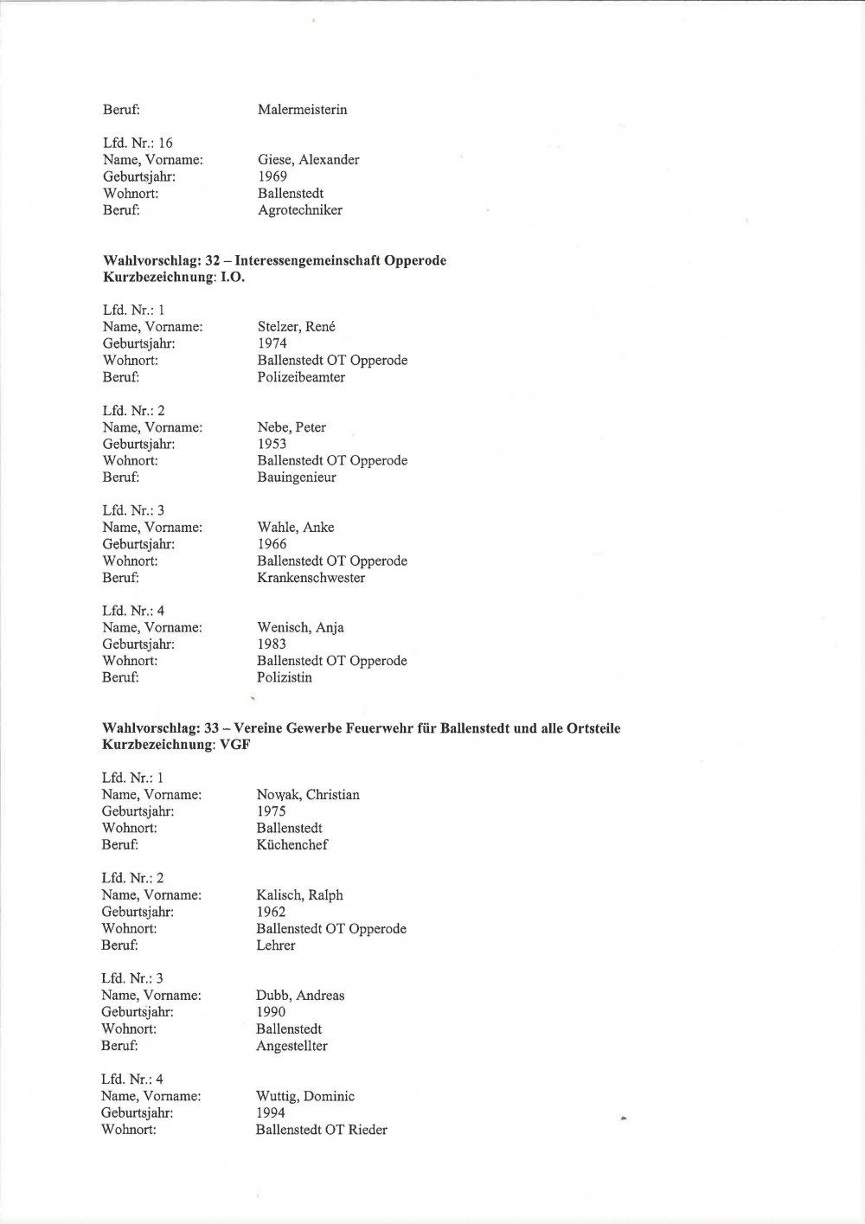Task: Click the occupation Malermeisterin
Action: pyautogui.click(x=302, y=110)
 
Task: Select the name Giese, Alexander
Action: pyautogui.click(x=308, y=160)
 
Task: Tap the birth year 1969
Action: pyautogui.click(x=272, y=176)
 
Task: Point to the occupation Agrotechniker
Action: pyautogui.click(x=299, y=210)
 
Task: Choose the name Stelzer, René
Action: pyautogui.click(x=296, y=327)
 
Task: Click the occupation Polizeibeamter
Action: pyautogui.click(x=301, y=377)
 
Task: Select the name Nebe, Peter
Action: pyautogui.click(x=292, y=427)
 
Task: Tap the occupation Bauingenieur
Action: pyautogui.click(x=297, y=477)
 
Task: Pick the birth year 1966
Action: pyautogui.click(x=272, y=544)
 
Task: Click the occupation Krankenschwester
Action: pyautogui.click(x=311, y=578)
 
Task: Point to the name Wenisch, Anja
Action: pyautogui.click(x=300, y=628)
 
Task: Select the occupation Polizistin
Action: pyautogui.click(x=285, y=677)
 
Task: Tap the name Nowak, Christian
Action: pyautogui.click(x=307, y=795)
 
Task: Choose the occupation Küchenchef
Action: pyautogui.click(x=292, y=845)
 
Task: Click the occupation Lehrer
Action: pyautogui.click(x=275, y=945)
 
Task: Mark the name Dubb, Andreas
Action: pyautogui.click(x=299, y=996)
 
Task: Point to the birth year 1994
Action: pyautogui.click(x=270, y=1112)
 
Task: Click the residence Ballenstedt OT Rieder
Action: pyautogui.click(x=321, y=1130)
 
